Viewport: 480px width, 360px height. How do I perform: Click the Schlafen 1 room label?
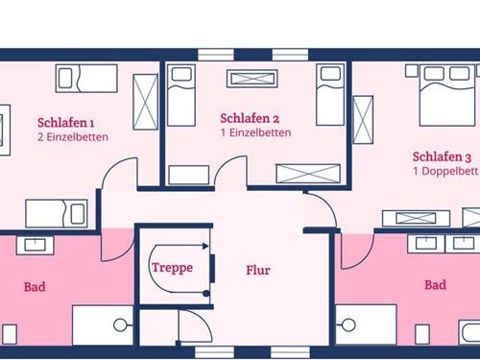tap(66, 123)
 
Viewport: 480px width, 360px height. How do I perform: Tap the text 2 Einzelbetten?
tap(73, 137)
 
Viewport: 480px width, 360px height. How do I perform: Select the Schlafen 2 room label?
tap(250, 118)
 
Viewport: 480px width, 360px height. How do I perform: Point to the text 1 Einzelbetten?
tap(255, 132)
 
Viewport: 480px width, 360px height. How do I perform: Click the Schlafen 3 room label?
tap(442, 156)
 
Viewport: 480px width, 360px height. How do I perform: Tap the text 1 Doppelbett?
tap(445, 171)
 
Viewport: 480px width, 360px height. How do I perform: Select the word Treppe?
tap(173, 268)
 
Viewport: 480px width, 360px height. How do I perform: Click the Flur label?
tap(258, 270)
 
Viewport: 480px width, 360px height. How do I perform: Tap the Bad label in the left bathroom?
tap(35, 285)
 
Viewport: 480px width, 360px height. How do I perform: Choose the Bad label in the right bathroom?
tap(435, 285)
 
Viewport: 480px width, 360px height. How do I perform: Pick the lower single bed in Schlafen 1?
tap(56, 212)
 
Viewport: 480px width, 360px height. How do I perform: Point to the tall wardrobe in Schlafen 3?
tap(363, 120)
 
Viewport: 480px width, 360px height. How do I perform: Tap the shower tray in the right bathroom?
tap(365, 324)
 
